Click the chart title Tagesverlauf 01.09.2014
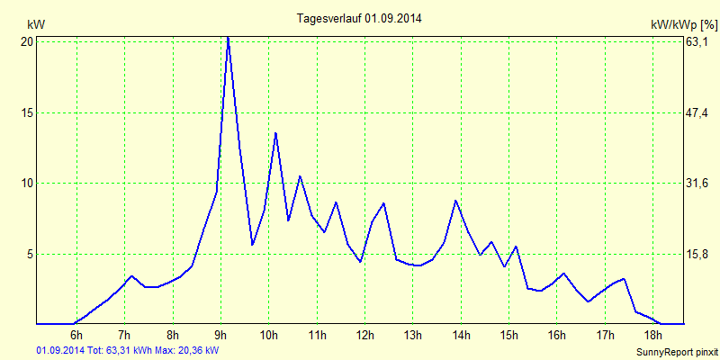tap(359, 18)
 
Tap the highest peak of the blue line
tap(228, 38)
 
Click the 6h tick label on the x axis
tap(76, 336)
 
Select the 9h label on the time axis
tap(220, 336)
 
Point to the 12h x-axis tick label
tap(364, 336)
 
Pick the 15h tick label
tap(508, 336)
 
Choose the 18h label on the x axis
tap(652, 336)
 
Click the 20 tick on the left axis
tap(27, 41)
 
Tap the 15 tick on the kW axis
tap(27, 112)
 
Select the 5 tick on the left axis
tap(29, 254)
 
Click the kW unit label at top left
tap(35, 24)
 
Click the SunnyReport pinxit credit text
tap(676, 351)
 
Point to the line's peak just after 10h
tap(275, 133)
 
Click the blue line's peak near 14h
tap(456, 200)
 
